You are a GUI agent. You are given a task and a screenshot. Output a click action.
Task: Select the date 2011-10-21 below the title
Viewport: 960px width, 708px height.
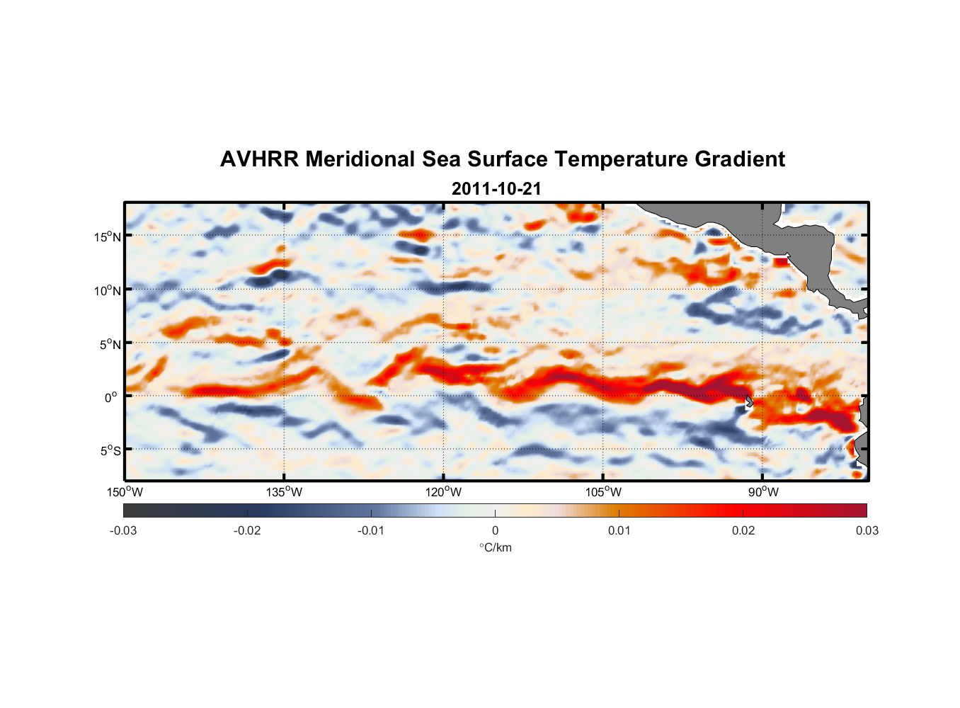pos(496,189)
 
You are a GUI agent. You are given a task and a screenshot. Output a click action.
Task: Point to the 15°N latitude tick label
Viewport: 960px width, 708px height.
pos(108,236)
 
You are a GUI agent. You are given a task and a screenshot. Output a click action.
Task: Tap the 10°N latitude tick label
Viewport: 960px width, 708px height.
pos(108,290)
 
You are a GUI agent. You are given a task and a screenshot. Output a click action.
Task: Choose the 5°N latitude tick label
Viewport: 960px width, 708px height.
pos(110,344)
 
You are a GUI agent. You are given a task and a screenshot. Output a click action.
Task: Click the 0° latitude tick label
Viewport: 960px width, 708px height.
pos(110,397)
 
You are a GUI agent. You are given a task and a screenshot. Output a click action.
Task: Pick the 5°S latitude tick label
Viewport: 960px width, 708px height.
pos(110,451)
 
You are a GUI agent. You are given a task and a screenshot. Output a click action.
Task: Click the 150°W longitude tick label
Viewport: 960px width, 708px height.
pos(125,492)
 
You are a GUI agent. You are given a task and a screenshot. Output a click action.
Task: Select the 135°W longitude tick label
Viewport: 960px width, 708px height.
pos(285,492)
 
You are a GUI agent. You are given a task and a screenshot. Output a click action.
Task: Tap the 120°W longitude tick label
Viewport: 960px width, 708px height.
pos(444,492)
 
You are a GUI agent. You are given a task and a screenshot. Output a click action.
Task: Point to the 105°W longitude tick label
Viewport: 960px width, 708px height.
pos(603,492)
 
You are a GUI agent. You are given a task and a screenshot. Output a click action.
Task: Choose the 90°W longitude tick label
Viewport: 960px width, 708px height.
pos(762,492)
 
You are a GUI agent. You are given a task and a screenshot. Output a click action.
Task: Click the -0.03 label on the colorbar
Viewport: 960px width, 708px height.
pos(123,530)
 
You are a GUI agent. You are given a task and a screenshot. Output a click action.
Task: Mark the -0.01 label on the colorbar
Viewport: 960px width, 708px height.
pos(371,530)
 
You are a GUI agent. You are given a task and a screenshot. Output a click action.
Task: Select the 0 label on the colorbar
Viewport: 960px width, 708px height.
pos(495,530)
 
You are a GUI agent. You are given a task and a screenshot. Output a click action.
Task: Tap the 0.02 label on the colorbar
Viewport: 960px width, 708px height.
pos(743,530)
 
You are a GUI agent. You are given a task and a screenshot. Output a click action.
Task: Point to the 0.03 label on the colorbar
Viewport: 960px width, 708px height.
pos(867,530)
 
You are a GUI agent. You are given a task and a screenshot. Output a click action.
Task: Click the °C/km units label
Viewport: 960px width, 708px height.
pos(495,547)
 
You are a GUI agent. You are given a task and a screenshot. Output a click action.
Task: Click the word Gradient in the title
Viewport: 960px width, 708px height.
pos(740,159)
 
